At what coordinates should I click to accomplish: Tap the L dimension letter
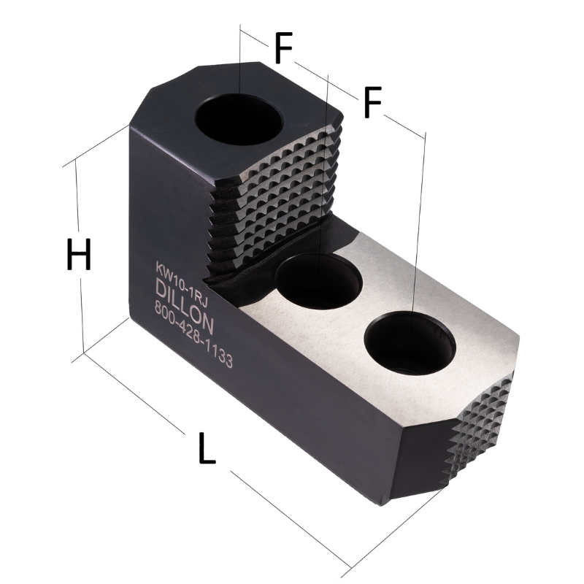(x=207, y=449)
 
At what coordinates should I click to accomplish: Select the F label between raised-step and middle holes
(x=283, y=50)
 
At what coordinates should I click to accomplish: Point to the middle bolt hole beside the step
(x=318, y=280)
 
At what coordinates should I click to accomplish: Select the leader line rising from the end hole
(x=419, y=219)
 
